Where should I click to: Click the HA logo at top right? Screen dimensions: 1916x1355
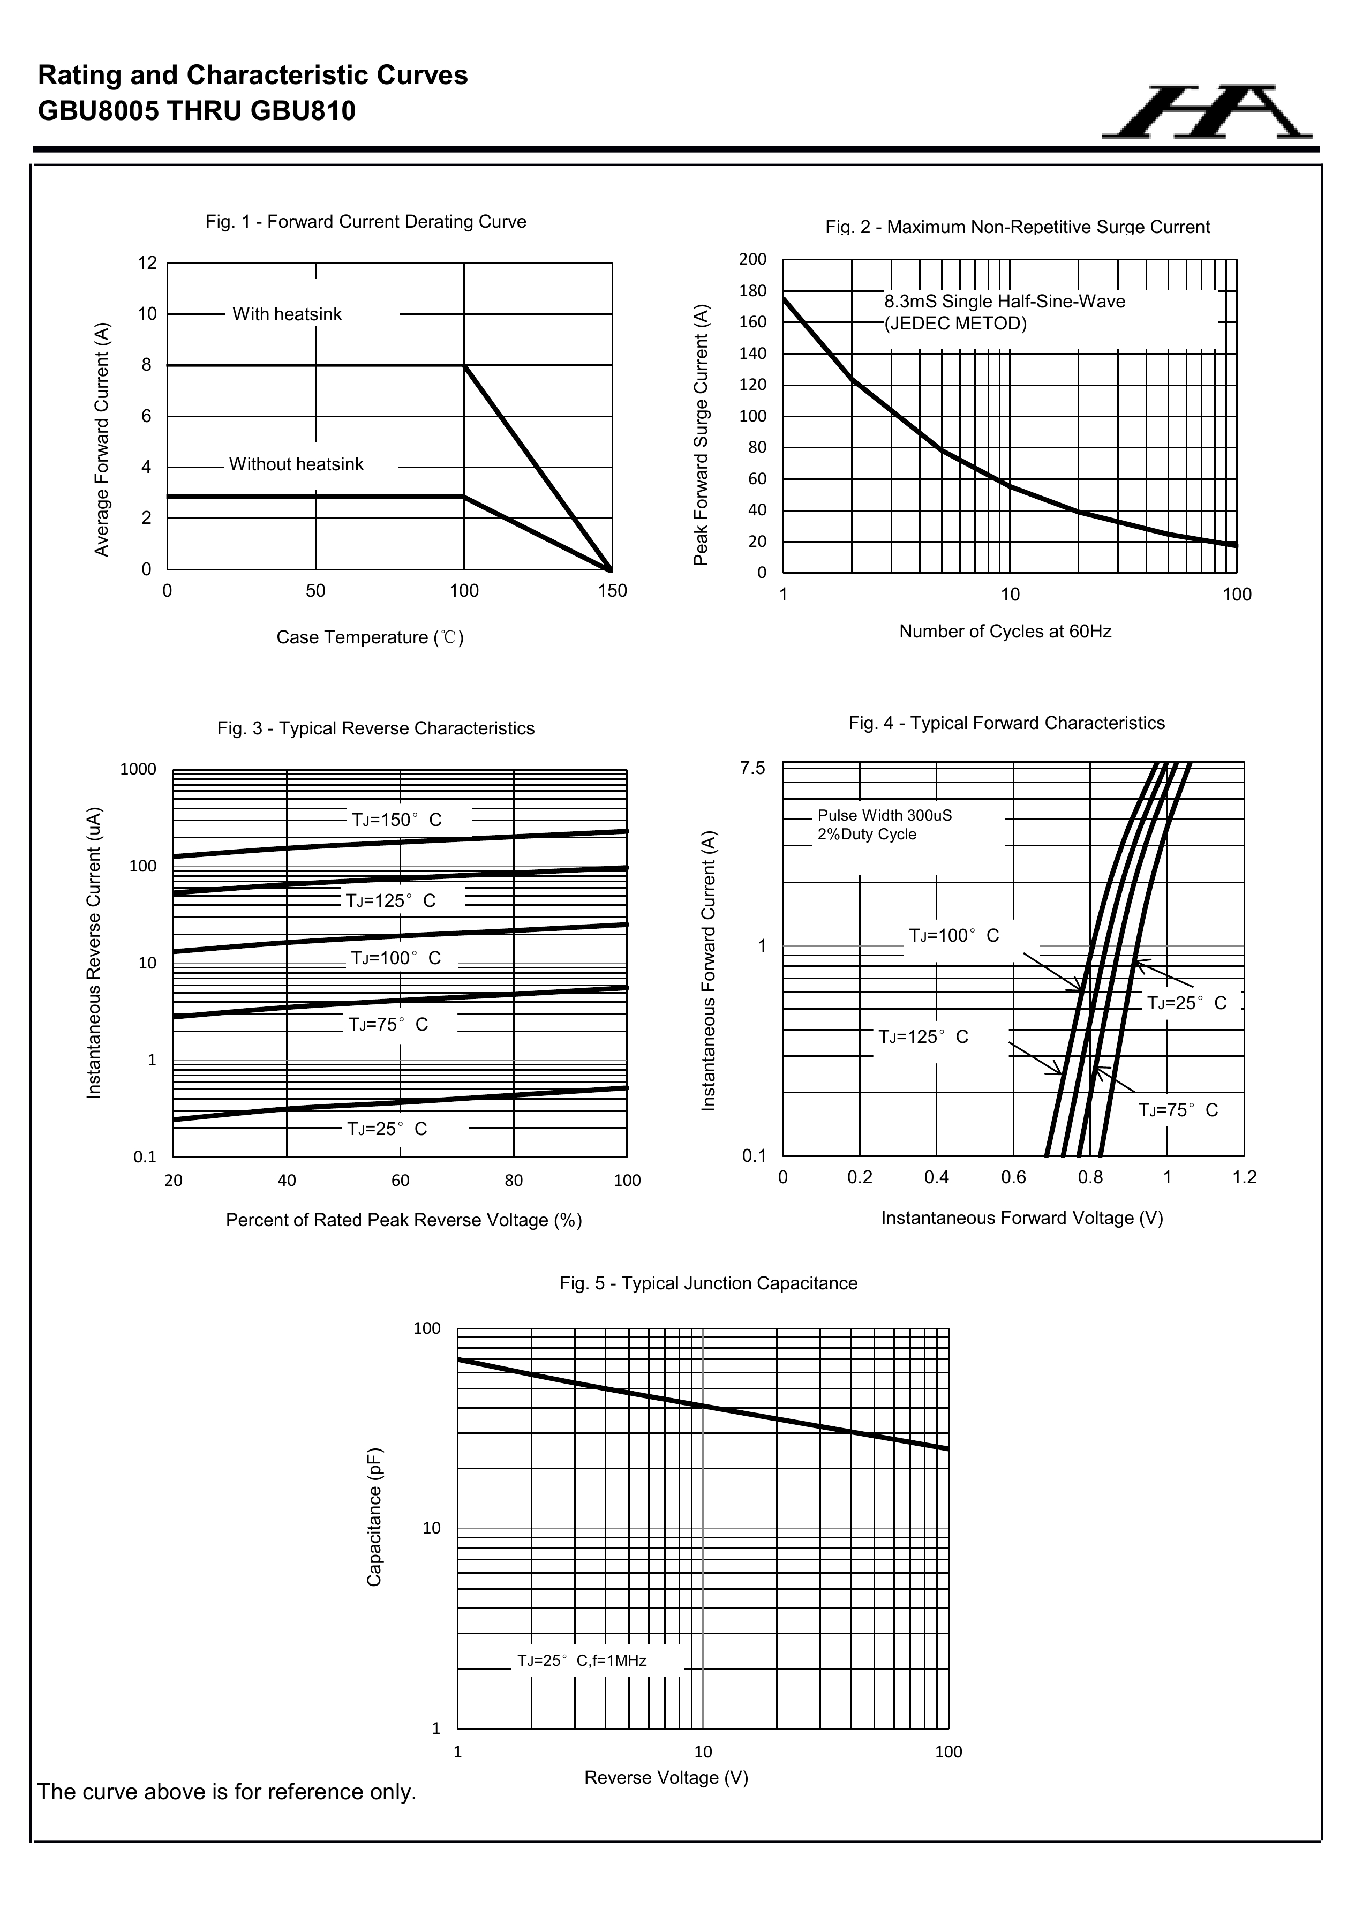(1207, 112)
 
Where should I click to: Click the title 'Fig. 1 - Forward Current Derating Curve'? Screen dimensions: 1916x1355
(365, 222)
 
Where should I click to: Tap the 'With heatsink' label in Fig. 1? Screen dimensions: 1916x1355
(287, 314)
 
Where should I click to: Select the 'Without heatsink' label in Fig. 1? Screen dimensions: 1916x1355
(296, 465)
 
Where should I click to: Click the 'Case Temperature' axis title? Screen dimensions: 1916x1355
(370, 637)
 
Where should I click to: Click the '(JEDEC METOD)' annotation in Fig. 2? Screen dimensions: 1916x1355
(955, 324)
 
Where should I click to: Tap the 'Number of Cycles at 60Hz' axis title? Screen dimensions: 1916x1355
(1005, 632)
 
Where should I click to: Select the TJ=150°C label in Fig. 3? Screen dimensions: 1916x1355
(396, 820)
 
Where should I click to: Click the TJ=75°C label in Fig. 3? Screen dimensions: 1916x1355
(388, 1025)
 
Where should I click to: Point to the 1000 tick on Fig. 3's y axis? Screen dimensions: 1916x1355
(139, 769)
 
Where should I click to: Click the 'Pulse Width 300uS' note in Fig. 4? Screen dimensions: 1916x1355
(884, 815)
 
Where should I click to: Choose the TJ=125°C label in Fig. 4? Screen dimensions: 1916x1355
(923, 1038)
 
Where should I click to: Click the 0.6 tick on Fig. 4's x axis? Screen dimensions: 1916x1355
(1013, 1177)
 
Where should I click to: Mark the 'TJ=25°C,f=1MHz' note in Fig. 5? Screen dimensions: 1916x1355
(582, 1660)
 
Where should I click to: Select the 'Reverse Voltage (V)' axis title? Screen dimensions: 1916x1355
(666, 1778)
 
